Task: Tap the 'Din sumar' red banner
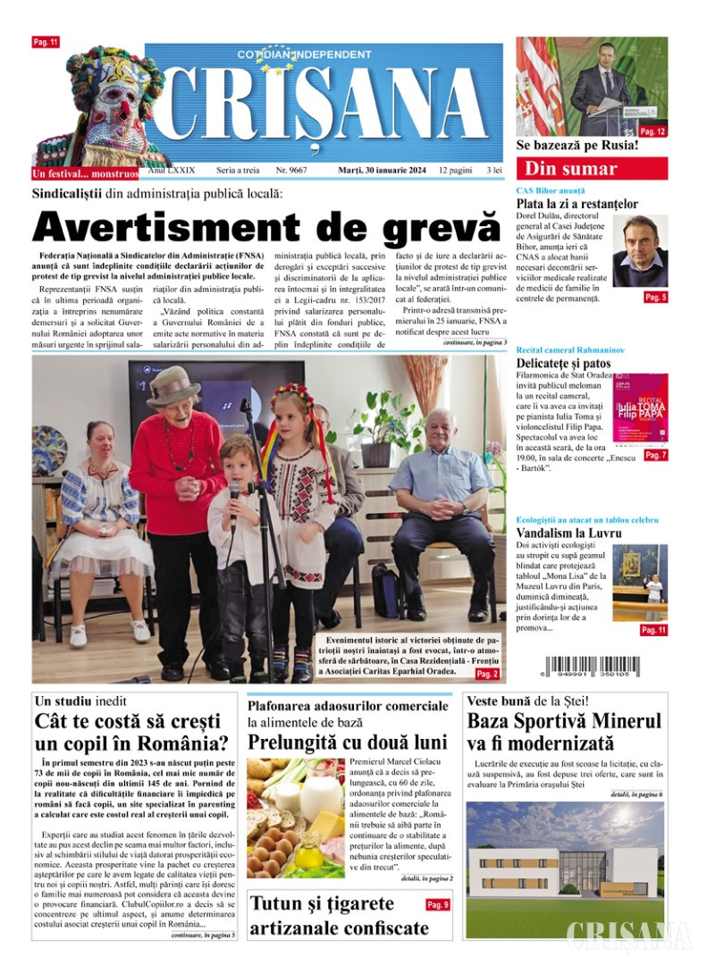tap(591, 168)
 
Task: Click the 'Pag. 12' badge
tap(652, 131)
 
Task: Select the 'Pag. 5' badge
tap(655, 297)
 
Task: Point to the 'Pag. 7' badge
tap(655, 455)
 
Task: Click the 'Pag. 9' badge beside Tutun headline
tap(438, 905)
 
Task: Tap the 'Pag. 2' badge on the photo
tap(487, 673)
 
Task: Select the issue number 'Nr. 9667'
tap(292, 170)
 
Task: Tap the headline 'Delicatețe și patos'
tap(575, 364)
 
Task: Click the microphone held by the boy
tap(235, 492)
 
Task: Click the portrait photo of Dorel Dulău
tap(639, 251)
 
